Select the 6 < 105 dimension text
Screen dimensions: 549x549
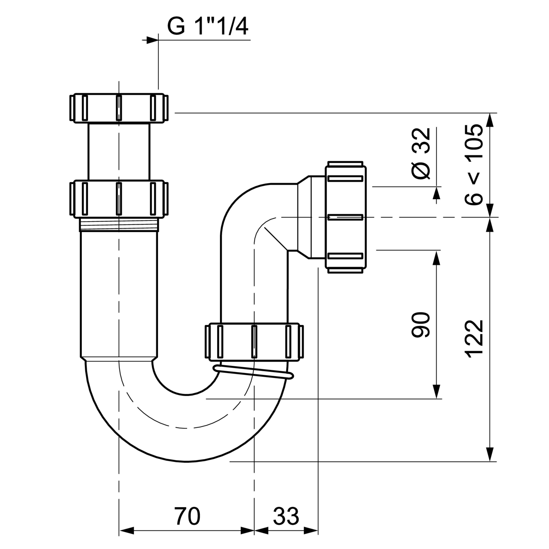pyautogui.click(x=474, y=165)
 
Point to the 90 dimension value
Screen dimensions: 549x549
pyautogui.click(x=421, y=325)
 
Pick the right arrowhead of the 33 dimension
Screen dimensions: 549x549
pyautogui.click(x=311, y=530)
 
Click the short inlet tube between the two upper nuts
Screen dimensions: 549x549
pyautogui.click(x=119, y=152)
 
